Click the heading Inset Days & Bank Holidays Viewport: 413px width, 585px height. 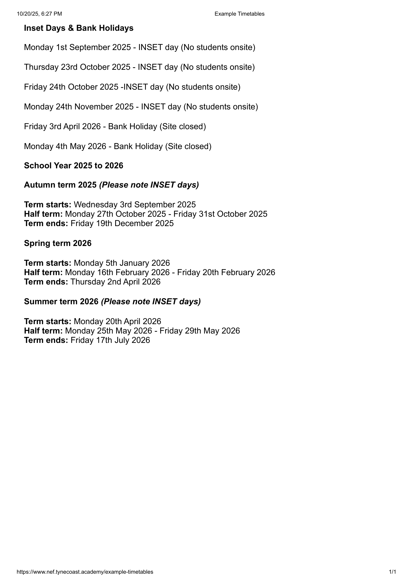click(x=79, y=28)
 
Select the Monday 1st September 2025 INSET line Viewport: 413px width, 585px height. click(x=139, y=47)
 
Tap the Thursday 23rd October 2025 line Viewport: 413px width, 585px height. click(x=139, y=67)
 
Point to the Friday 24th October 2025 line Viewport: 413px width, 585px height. click(x=132, y=87)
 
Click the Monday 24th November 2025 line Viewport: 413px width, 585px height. click(x=141, y=107)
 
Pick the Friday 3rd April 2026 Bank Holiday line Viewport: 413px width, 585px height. click(x=115, y=126)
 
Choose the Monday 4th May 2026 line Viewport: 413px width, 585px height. click(x=118, y=146)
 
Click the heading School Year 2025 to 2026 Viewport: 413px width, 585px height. click(x=73, y=166)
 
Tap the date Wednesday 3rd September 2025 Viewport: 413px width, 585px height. click(x=135, y=205)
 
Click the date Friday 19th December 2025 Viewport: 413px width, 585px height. click(x=122, y=223)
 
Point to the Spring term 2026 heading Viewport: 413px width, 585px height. click(x=58, y=243)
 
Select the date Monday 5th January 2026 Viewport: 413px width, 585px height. click(x=122, y=263)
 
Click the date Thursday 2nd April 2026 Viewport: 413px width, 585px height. click(x=115, y=282)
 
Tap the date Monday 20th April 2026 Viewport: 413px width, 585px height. click(x=117, y=321)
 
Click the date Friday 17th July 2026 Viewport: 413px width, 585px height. click(x=110, y=340)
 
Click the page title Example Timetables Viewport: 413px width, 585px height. click(x=239, y=14)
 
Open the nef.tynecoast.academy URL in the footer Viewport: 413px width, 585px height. click(x=85, y=572)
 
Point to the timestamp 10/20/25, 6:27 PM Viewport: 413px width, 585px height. click(x=39, y=14)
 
